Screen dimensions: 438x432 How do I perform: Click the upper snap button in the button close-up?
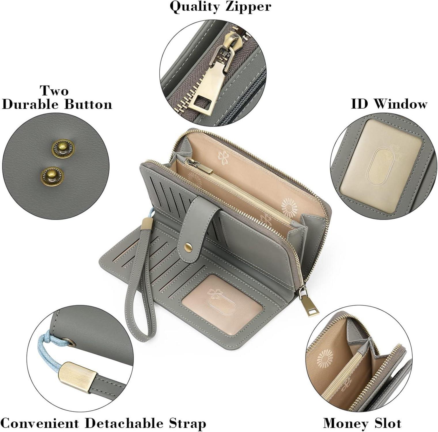tap(63, 148)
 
